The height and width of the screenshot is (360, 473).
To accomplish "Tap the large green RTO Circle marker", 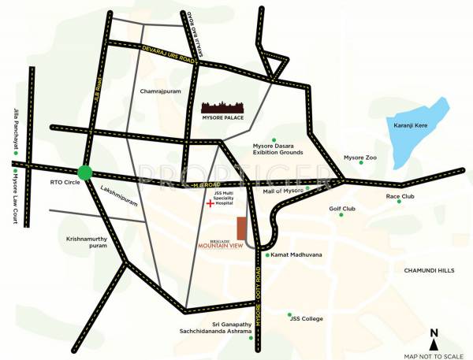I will pos(85,173).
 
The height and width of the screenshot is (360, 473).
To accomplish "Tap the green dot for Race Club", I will pos(398,202).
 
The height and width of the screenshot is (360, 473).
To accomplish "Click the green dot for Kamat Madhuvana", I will pos(268,255).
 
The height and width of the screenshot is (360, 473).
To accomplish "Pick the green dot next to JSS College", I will pos(290,314).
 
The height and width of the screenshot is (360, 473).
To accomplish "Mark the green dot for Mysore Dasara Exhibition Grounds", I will pos(274,139).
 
